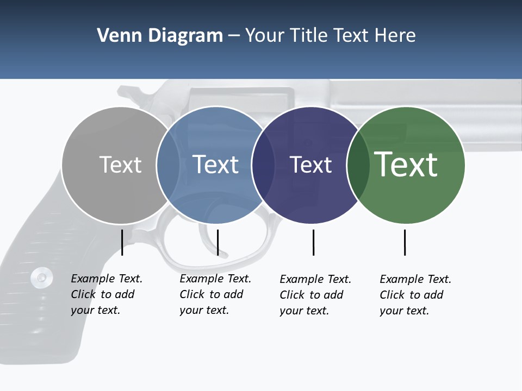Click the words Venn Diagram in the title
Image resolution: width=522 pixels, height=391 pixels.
[x=160, y=36]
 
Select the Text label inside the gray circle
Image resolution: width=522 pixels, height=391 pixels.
[x=120, y=165]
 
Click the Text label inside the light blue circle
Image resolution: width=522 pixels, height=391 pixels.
[x=215, y=165]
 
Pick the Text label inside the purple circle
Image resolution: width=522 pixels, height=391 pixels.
[x=310, y=165]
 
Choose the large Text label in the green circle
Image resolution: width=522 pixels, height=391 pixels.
[x=406, y=165]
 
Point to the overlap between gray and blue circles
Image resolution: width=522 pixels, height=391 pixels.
[x=168, y=165]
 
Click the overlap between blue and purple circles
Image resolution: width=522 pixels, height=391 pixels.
[x=263, y=165]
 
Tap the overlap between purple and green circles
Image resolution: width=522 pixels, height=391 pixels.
[x=358, y=165]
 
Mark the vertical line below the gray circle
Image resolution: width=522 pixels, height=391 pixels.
[x=122, y=242]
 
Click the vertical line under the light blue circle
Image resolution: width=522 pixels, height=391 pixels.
[x=217, y=242]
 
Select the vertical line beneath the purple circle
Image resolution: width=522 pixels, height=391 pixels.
[x=313, y=242]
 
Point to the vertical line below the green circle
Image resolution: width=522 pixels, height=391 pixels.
[x=405, y=242]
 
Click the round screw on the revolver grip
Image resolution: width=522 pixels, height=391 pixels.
[x=41, y=277]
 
